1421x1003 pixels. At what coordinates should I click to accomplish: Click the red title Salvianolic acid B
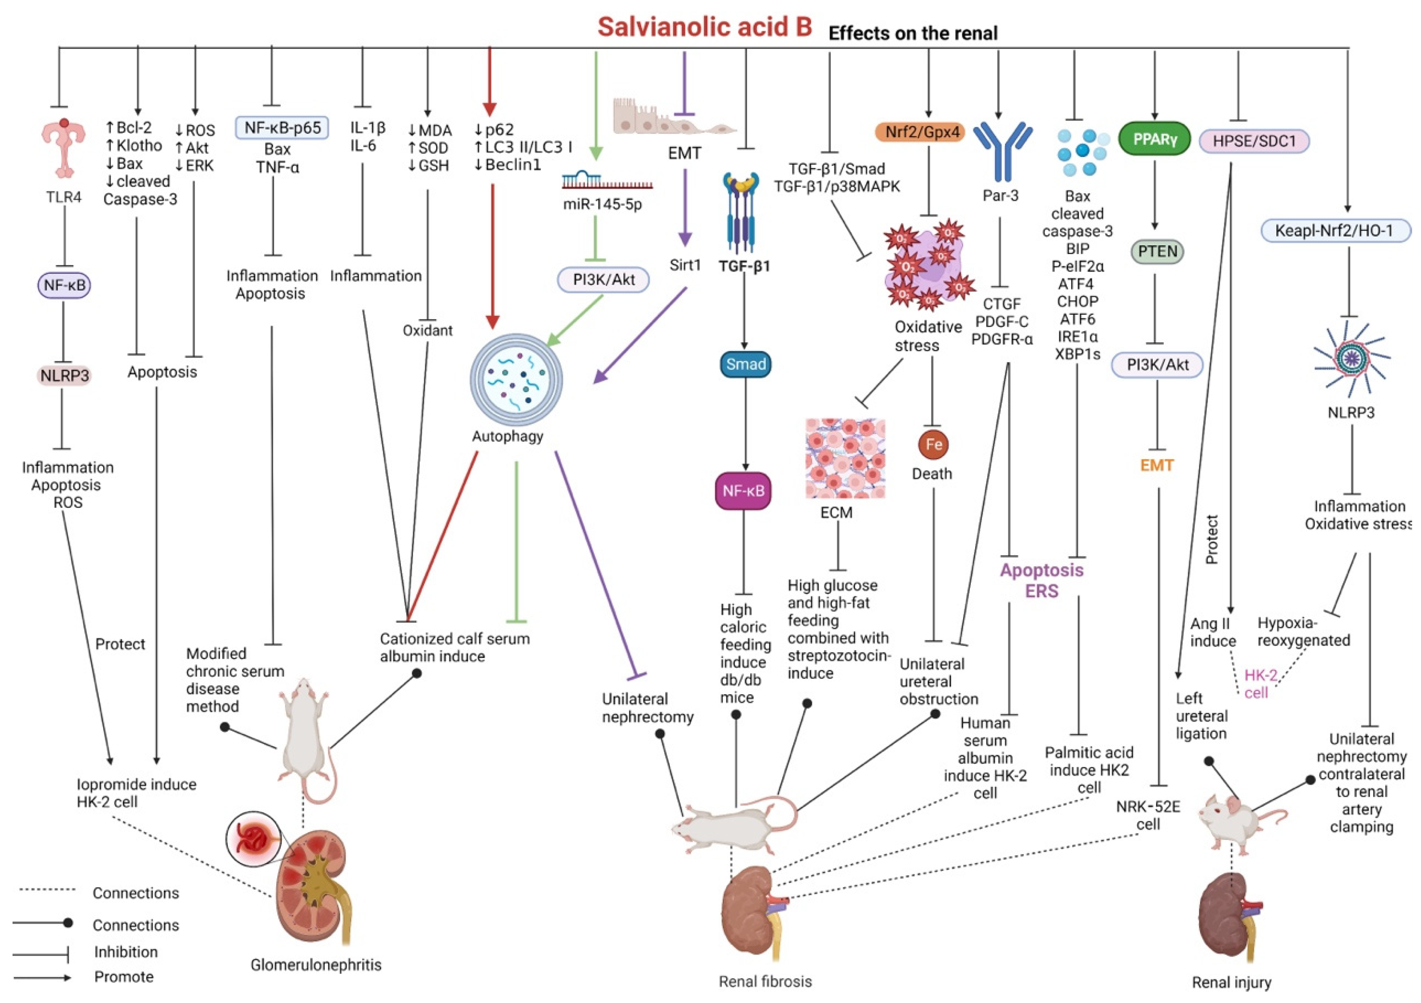pyautogui.click(x=704, y=27)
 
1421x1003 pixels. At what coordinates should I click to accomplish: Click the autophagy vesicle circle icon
pyautogui.click(x=516, y=379)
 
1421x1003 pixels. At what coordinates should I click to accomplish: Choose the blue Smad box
pyautogui.click(x=746, y=364)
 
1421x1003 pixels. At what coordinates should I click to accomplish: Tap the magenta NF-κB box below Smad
pyautogui.click(x=743, y=491)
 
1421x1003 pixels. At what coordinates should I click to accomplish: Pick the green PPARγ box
pyautogui.click(x=1155, y=139)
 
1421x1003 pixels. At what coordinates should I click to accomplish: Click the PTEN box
pyautogui.click(x=1157, y=251)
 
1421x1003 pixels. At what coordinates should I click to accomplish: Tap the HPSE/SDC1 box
pyautogui.click(x=1254, y=141)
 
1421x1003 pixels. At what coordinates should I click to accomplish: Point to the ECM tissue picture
pyautogui.click(x=845, y=458)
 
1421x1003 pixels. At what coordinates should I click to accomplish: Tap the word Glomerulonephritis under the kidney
pyautogui.click(x=316, y=964)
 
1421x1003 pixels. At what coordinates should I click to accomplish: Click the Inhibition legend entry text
pyautogui.click(x=126, y=952)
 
